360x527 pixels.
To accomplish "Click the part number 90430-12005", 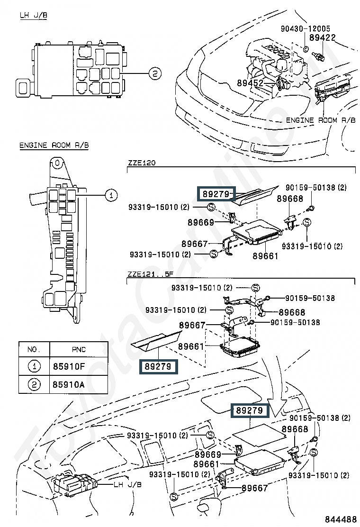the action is pyautogui.click(x=305, y=28).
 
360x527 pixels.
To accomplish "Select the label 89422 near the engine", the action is pyautogui.click(x=323, y=37).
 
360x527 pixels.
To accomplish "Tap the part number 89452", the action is pyautogui.click(x=250, y=82).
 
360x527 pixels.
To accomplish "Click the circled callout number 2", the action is pyautogui.click(x=155, y=73).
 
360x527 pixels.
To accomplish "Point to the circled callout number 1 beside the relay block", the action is pyautogui.click(x=111, y=195).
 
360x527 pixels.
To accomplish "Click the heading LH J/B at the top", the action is pyautogui.click(x=33, y=15).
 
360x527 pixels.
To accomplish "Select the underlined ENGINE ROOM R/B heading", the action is pyautogui.click(x=54, y=145).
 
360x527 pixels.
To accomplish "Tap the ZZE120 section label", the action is pyautogui.click(x=142, y=163).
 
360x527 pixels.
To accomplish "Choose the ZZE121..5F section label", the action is pyautogui.click(x=150, y=274).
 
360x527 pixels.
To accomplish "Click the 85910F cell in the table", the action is pyautogui.click(x=69, y=366).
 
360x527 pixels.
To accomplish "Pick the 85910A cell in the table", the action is pyautogui.click(x=69, y=384).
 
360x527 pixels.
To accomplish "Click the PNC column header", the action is pyautogui.click(x=79, y=350).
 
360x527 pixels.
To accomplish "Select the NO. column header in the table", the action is pyautogui.click(x=34, y=350).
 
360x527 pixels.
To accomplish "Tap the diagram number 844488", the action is pyautogui.click(x=341, y=518).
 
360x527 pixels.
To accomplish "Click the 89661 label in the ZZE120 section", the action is pyautogui.click(x=265, y=256).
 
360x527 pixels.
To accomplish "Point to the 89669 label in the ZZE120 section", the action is pyautogui.click(x=201, y=222).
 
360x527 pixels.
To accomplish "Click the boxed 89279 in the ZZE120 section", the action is pyautogui.click(x=216, y=194).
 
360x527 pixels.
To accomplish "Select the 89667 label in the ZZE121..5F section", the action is pyautogui.click(x=192, y=325).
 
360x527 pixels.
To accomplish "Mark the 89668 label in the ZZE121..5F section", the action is pyautogui.click(x=292, y=313).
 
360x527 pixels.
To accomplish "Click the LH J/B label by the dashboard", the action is pyautogui.click(x=127, y=484).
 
